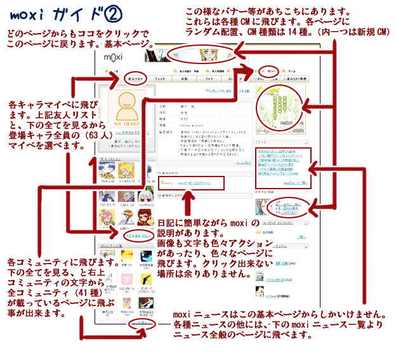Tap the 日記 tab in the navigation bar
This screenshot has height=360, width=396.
pyautogui.click(x=184, y=79)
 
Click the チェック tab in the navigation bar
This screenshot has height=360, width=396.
pyautogui.click(x=159, y=79)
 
